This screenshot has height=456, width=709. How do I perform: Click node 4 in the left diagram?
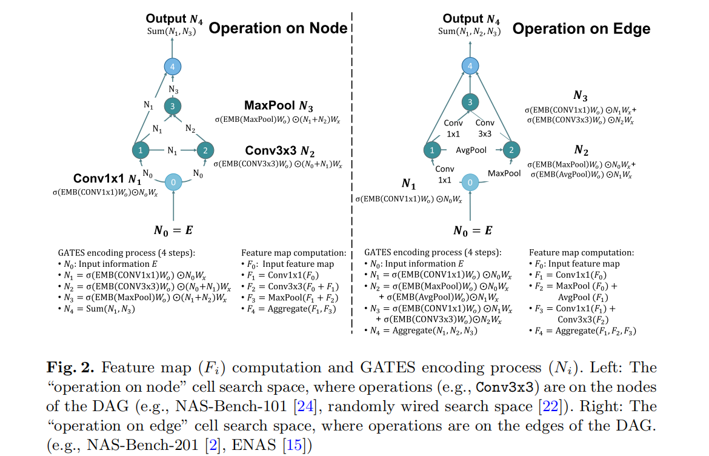click(173, 66)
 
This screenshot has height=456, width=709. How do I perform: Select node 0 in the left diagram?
click(174, 182)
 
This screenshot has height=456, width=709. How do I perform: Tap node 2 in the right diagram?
click(511, 149)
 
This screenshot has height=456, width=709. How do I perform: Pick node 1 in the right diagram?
click(431, 149)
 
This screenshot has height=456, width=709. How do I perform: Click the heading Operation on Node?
click(278, 28)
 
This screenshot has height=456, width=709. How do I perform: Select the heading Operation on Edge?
click(582, 29)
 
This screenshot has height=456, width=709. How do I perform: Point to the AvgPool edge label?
click(471, 149)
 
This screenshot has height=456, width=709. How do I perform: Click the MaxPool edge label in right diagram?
click(504, 173)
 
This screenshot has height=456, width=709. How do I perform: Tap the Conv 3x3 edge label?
click(485, 128)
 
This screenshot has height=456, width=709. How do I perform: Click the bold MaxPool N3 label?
click(279, 107)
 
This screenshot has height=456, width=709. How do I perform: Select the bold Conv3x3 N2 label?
click(280, 151)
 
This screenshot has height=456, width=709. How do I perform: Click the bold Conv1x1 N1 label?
click(107, 179)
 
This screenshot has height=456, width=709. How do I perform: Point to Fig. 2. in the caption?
click(70, 367)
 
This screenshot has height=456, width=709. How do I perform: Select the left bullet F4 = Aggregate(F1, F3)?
click(292, 309)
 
